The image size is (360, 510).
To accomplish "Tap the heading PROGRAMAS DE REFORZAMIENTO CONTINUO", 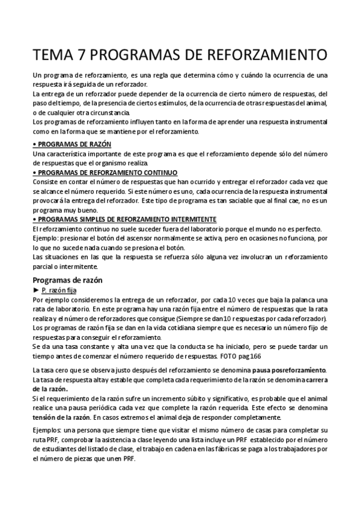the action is click(x=106, y=173).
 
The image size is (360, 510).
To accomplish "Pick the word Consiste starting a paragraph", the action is click(x=45, y=182).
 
